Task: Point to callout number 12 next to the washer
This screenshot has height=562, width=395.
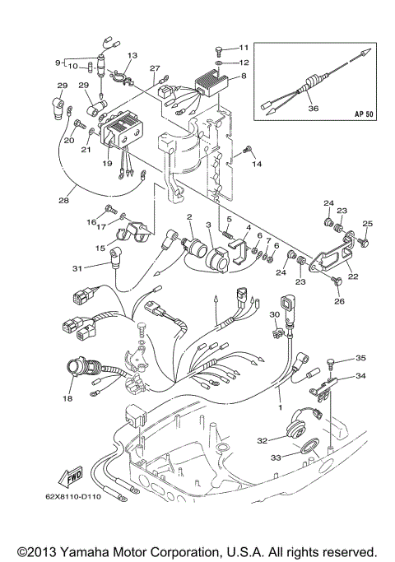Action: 244,63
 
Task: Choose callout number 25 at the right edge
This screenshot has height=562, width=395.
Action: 368,224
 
